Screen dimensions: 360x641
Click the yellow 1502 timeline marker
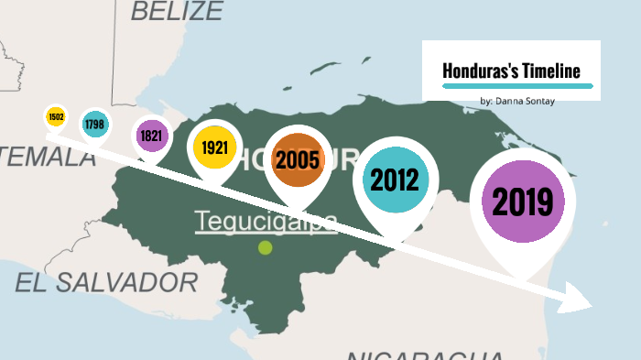56,117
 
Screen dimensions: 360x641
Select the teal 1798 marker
93,123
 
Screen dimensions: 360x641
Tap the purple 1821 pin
151,136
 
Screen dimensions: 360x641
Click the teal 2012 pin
395,180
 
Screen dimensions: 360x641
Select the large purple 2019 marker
523,202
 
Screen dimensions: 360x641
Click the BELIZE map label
177,11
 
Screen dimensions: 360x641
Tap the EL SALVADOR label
106,281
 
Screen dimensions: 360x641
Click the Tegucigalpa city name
266,221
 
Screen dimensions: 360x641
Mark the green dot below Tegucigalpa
266,247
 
